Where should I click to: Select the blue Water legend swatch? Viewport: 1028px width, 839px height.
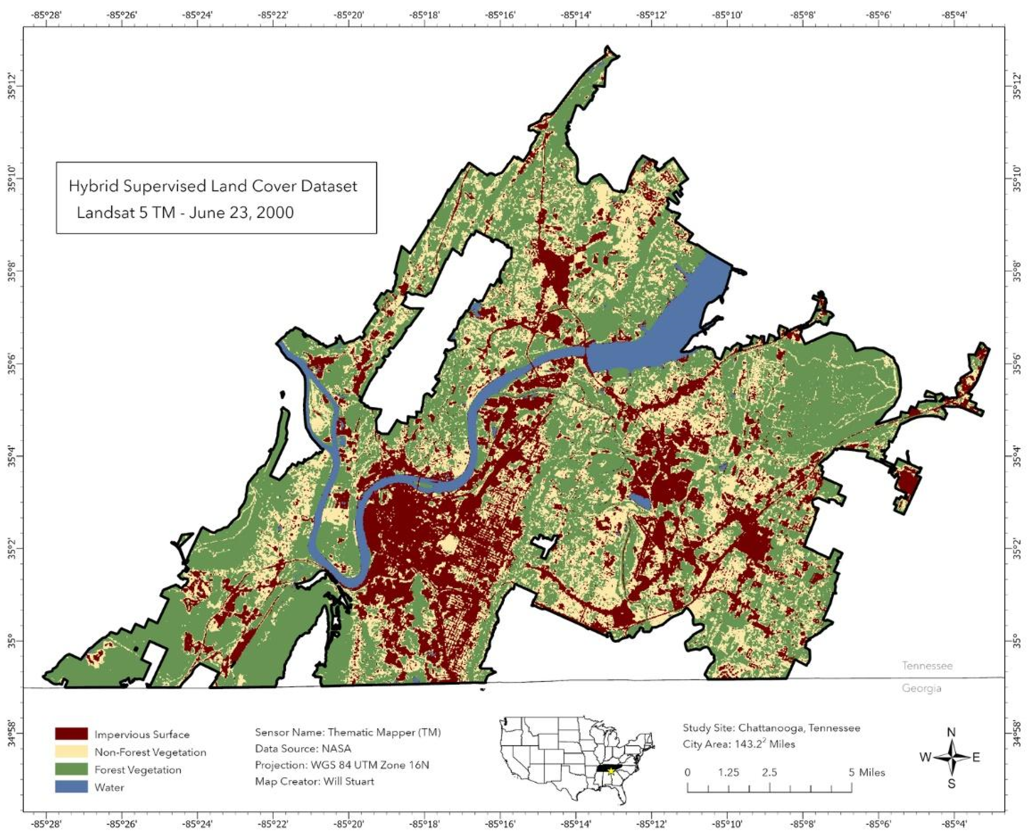click(71, 787)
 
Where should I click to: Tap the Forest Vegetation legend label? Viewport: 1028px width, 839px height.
click(138, 769)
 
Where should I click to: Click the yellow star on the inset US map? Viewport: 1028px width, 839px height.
click(611, 771)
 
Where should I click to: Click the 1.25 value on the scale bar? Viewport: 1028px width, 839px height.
click(728, 773)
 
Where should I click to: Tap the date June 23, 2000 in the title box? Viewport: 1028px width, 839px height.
click(241, 212)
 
